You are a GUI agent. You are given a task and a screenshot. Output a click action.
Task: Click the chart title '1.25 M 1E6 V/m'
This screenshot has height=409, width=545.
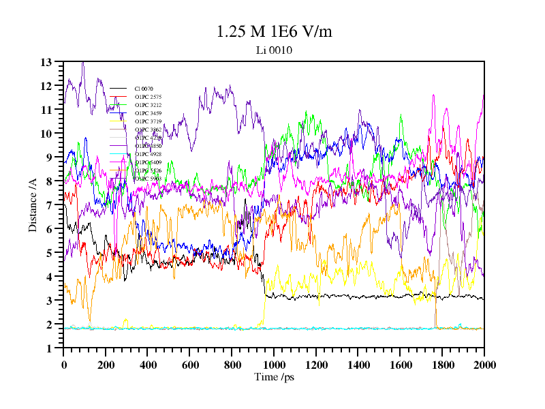tap(274, 31)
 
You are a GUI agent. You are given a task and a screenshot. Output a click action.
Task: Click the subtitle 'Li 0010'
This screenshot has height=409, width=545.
tap(274, 50)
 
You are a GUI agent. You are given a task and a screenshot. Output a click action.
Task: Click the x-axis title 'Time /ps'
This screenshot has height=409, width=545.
tap(274, 377)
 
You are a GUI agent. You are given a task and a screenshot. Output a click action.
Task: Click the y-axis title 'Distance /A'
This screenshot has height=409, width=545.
tap(33, 204)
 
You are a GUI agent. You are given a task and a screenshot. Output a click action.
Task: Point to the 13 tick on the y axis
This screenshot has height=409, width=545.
tap(46, 62)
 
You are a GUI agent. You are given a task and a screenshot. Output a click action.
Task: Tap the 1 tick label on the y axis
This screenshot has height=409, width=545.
tap(49, 348)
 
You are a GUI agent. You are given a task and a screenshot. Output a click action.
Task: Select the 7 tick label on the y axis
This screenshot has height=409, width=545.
tap(49, 205)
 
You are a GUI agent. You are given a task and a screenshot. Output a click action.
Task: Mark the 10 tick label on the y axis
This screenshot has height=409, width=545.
tap(46, 134)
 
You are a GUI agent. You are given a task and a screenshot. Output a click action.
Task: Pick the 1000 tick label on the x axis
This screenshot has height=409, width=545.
tap(274, 365)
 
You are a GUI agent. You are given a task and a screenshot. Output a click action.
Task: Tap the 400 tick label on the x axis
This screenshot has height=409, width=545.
tap(148, 365)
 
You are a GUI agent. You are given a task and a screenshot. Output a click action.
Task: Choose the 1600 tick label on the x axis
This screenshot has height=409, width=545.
tap(400, 365)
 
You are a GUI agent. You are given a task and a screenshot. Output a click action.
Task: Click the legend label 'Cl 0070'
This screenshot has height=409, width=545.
tap(144, 89)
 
